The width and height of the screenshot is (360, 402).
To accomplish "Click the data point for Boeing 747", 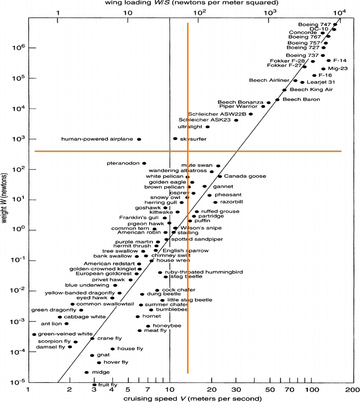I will pyautogui.click(x=335, y=25).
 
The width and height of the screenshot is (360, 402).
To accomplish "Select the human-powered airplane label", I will pyautogui.click(x=97, y=139).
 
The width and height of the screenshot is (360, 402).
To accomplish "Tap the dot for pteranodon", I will pyautogui.click(x=144, y=163).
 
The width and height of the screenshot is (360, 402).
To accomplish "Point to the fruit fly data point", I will pyautogui.click(x=94, y=385).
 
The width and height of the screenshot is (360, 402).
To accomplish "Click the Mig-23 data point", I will pyautogui.click(x=323, y=69).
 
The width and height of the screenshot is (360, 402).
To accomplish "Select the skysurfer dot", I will pyautogui.click(x=175, y=139).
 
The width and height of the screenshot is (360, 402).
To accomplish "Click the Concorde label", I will pyautogui.click(x=303, y=33).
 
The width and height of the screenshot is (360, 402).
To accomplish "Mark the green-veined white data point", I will pyautogui.click(x=34, y=335).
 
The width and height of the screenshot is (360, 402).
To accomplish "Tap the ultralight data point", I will pyautogui.click(x=208, y=127).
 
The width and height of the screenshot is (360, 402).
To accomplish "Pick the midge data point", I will pyautogui.click(x=86, y=372).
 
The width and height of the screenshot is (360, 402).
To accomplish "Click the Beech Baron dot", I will pyautogui.click(x=277, y=100).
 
